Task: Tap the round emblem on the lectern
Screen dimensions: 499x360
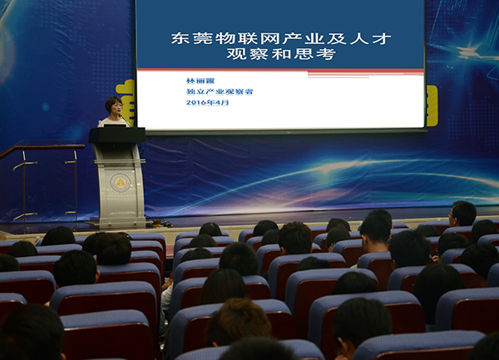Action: click(121, 183)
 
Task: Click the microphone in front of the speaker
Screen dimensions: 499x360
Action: click(125, 120)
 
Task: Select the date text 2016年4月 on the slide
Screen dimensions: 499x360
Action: click(207, 103)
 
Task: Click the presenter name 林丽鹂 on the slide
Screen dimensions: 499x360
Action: click(200, 81)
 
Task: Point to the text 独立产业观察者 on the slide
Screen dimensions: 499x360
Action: click(220, 92)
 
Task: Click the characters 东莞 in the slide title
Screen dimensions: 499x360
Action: click(191, 38)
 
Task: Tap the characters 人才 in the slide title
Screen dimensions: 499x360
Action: click(370, 38)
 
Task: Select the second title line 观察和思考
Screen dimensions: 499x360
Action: click(281, 54)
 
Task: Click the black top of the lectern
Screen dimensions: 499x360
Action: click(116, 136)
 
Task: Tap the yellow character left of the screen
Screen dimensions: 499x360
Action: click(126, 98)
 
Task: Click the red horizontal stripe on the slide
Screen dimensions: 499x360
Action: click(280, 71)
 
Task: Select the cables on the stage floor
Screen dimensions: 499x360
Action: click(159, 222)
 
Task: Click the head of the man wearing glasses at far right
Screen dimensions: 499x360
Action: click(463, 214)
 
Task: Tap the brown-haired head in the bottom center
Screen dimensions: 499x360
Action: click(239, 321)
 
